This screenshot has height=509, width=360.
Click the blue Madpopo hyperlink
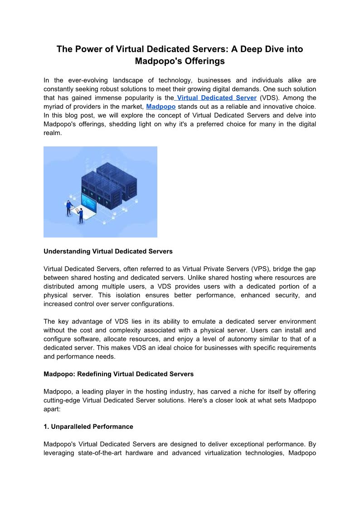click(161, 107)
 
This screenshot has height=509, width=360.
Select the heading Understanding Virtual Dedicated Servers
click(108, 251)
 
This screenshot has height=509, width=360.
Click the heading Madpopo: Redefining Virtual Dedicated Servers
click(118, 374)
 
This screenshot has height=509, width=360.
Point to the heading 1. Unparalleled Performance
click(88, 427)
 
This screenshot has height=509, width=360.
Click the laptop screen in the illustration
click(88, 201)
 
